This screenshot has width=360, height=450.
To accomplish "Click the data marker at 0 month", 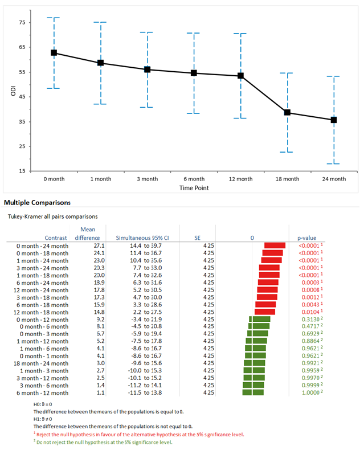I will coord(54,52).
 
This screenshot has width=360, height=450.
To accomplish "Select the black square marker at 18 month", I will coord(287,112).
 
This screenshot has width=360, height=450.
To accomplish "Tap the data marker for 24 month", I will coord(334,120).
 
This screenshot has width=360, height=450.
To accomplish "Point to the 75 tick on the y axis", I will coord(22,22).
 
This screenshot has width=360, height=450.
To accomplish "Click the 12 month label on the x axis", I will coord(240,179).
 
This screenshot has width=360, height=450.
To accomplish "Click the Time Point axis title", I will coord(194,187).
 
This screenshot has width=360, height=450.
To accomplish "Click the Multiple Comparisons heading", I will coord(37,202).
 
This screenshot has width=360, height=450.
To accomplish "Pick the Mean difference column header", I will coord(87,234).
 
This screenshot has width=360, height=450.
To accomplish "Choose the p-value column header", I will coord(306,238).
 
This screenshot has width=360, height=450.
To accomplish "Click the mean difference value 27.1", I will coord(92,245).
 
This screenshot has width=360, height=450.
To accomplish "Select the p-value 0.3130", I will coord(306,319).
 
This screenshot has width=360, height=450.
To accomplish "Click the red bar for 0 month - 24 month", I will coord(275,245).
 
